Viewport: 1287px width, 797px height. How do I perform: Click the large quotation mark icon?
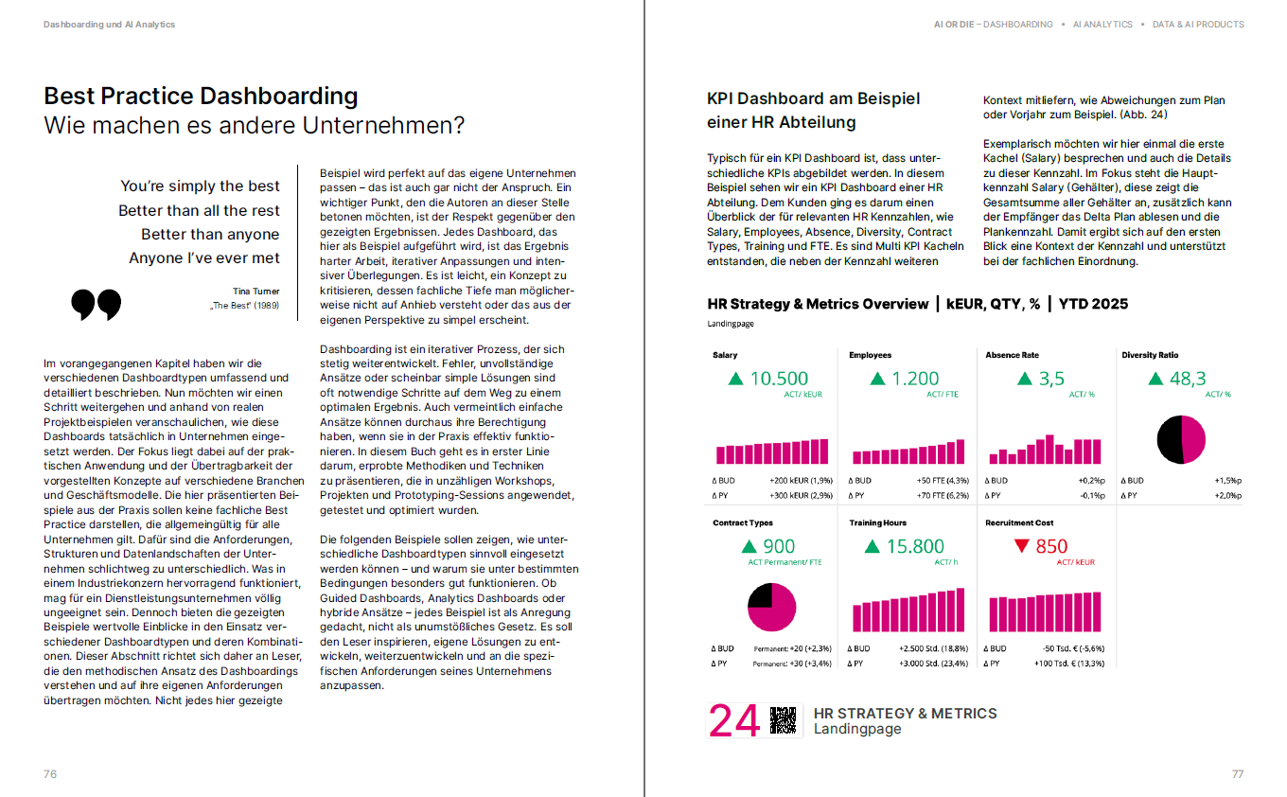pos(97,304)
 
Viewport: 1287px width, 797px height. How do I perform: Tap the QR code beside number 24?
pos(784,721)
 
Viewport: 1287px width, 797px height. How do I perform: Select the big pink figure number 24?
pos(734,721)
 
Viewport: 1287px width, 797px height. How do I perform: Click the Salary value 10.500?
pos(779,379)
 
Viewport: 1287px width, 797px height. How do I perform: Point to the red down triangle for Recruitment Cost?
pos(1021,546)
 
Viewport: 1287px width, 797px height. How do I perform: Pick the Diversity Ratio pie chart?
pos(1181,439)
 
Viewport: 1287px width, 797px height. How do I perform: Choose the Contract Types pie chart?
pos(772,607)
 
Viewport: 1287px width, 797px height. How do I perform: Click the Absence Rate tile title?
pos(1012,355)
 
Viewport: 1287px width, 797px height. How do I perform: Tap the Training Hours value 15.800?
pos(914,546)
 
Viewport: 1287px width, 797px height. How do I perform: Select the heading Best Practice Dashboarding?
pos(201,96)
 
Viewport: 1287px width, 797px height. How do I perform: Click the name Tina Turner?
pos(256,292)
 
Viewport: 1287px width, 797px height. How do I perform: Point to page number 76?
pos(50,774)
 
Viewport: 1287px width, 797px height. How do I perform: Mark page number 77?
pos(1238,774)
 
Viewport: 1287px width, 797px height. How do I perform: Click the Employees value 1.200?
pos(916,379)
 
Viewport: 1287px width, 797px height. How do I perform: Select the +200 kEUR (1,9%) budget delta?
pos(800,481)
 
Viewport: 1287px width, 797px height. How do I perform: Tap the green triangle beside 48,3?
pos(1154,380)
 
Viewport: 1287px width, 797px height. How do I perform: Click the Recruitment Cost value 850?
pos(1051,546)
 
